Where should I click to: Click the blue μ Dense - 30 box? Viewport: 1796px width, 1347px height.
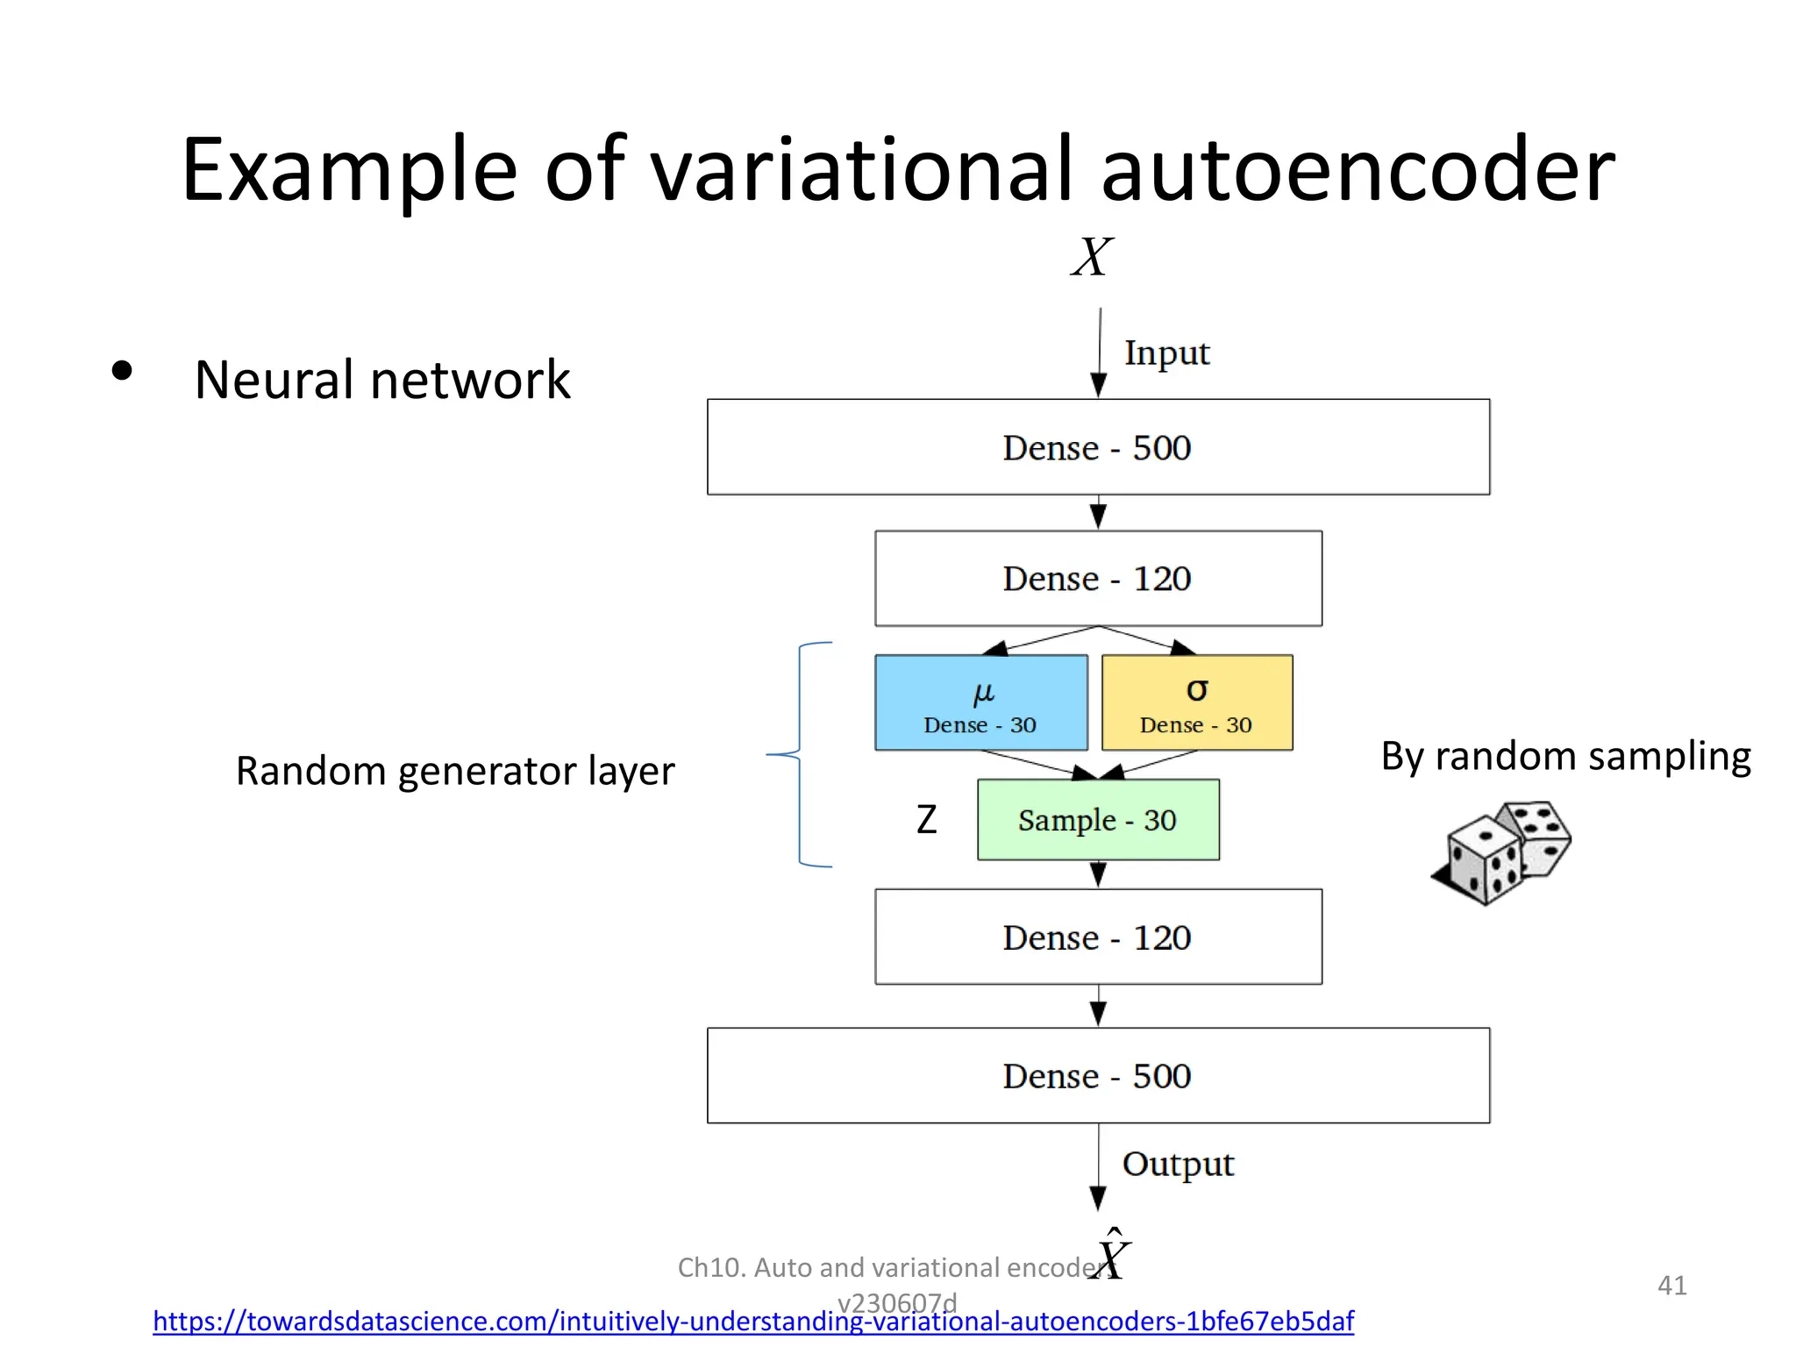(x=980, y=702)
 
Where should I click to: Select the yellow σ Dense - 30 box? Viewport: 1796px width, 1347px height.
(x=1196, y=702)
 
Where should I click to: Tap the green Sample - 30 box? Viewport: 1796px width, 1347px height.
(x=1098, y=820)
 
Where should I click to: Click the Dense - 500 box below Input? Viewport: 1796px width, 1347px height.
(x=1098, y=447)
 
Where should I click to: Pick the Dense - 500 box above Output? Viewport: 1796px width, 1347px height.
(x=1098, y=1075)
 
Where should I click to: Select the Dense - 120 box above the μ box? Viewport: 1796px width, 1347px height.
(x=1098, y=578)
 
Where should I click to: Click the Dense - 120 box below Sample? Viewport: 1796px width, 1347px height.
(x=1098, y=937)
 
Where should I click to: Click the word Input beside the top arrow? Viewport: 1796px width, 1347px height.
(x=1166, y=353)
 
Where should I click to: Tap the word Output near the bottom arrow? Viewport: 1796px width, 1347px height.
(x=1177, y=1165)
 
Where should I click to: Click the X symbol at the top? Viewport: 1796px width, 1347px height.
(x=1092, y=257)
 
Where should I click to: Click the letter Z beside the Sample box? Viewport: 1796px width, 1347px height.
(x=926, y=820)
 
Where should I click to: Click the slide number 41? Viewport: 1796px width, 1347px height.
(x=1671, y=1286)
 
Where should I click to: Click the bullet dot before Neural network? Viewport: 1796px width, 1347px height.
(x=122, y=371)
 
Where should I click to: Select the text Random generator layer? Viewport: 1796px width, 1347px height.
(x=454, y=772)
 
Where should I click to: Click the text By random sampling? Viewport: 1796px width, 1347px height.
(x=1565, y=756)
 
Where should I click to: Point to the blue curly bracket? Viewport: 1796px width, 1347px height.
(x=800, y=754)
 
